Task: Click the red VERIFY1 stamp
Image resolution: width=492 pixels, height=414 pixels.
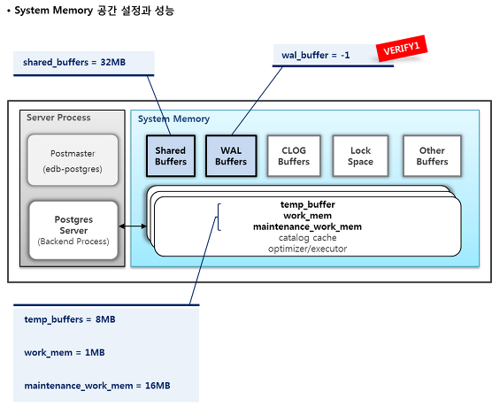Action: [402, 49]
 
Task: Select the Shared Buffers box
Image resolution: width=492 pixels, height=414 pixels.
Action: [171, 156]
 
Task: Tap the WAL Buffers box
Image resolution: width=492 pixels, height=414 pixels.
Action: [231, 156]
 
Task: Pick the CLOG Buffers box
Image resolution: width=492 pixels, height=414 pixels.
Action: [294, 156]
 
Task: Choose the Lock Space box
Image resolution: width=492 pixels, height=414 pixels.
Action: [360, 156]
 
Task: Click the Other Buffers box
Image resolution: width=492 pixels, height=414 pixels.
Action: [432, 156]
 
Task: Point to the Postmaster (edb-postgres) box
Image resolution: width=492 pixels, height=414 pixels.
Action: [73, 160]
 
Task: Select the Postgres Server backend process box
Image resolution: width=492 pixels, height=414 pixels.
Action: [73, 230]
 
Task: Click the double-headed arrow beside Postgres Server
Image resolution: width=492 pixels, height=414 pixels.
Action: [133, 226]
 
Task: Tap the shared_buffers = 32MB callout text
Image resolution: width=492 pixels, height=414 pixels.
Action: [74, 62]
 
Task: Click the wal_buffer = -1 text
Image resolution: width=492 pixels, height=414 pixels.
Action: [315, 55]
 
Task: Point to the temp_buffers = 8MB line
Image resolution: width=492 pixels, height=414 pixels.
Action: [70, 319]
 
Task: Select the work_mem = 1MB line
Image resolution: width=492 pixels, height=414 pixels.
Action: [65, 353]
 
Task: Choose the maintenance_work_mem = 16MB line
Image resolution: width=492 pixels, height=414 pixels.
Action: [97, 386]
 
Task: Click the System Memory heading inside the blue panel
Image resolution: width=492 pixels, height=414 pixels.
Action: [173, 119]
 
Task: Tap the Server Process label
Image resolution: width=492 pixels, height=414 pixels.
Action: [58, 118]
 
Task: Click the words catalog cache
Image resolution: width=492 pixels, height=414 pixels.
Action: [308, 238]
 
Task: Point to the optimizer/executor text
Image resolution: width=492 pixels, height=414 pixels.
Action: [308, 249]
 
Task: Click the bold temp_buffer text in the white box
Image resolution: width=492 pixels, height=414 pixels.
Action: [308, 204]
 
